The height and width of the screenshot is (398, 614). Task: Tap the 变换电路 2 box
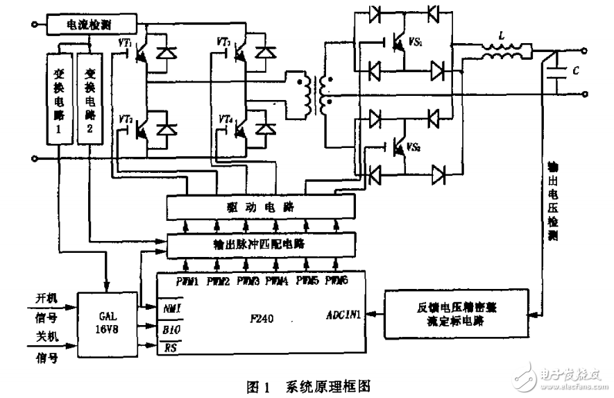89,97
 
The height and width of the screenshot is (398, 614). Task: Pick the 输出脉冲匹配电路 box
261,245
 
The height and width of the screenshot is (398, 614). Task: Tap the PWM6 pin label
335,281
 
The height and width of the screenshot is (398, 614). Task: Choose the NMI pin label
171,306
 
